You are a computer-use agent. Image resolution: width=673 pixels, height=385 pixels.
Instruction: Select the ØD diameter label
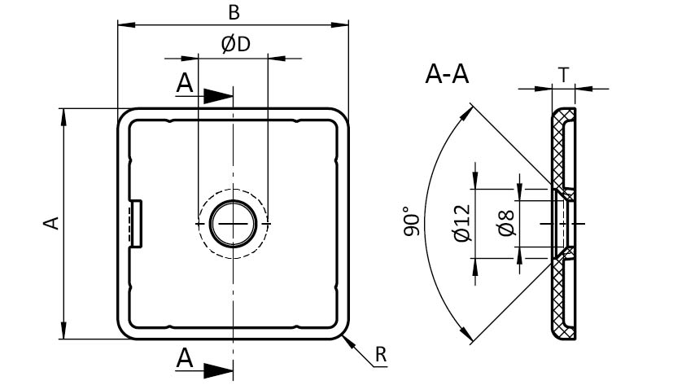pyautogui.click(x=234, y=45)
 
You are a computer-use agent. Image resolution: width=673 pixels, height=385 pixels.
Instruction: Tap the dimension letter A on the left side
pyautogui.click(x=51, y=222)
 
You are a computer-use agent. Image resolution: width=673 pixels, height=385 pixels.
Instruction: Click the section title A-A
pyautogui.click(x=447, y=75)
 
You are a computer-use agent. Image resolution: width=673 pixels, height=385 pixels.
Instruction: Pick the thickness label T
pyautogui.click(x=563, y=75)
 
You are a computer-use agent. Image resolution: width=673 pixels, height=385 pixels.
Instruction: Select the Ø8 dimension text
pyautogui.click(x=505, y=223)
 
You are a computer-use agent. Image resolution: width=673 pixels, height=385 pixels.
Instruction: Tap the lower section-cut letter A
pyautogui.click(x=186, y=357)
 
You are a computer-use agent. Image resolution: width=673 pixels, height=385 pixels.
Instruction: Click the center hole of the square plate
pyautogui.click(x=234, y=223)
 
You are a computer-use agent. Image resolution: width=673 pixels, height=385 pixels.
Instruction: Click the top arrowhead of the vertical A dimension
pyautogui.click(x=63, y=115)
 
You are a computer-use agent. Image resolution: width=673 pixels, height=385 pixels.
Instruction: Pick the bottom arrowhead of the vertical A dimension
pyautogui.click(x=63, y=332)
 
